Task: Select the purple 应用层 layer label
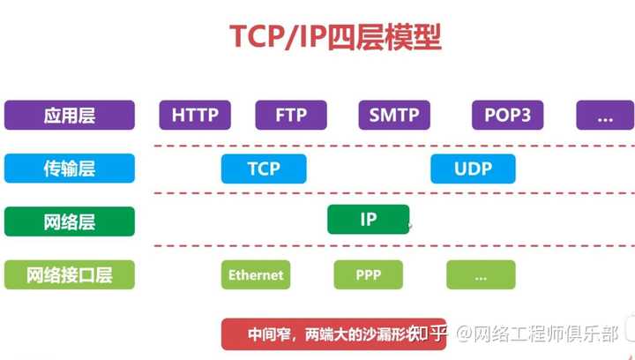[70, 116]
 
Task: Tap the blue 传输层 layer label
[70, 169]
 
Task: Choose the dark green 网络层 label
[70, 221]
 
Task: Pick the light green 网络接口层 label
[70, 274]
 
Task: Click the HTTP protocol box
[195, 116]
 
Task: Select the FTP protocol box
[291, 116]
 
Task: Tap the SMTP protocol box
[394, 116]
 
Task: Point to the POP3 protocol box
[507, 116]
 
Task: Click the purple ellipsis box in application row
[605, 116]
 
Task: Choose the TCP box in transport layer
[264, 169]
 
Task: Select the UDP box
[473, 169]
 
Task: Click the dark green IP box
[368, 220]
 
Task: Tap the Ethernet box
[256, 274]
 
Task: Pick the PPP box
[368, 274]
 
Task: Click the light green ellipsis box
[481, 274]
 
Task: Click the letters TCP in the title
[260, 37]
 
